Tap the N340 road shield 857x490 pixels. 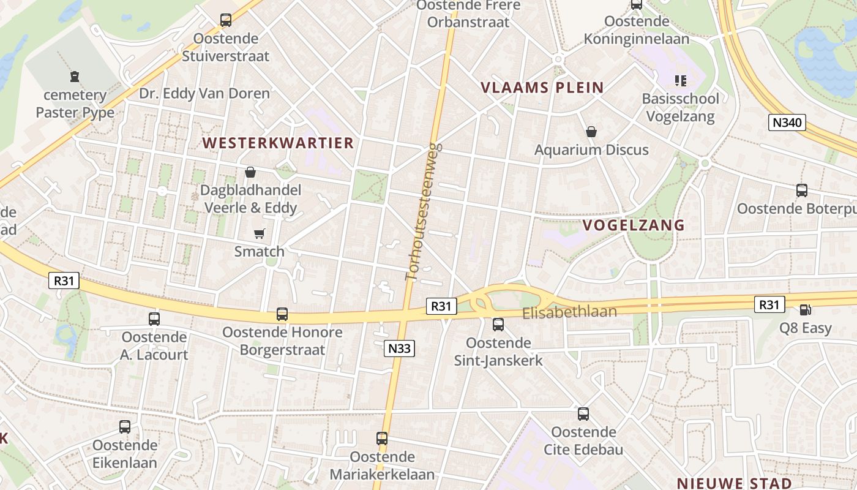tap(787, 123)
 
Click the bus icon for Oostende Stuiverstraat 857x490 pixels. tap(226, 20)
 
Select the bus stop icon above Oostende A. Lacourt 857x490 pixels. tap(154, 319)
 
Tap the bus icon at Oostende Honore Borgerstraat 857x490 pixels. tap(282, 314)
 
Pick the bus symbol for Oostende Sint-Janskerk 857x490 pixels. tap(498, 325)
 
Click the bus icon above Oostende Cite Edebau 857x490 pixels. tap(583, 414)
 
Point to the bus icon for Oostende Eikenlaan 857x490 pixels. tap(125, 427)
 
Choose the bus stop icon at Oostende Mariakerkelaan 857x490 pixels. tap(382, 439)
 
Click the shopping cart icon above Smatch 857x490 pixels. tap(260, 233)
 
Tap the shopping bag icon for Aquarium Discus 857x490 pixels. tap(591, 132)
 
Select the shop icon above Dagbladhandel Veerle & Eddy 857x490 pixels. tap(250, 172)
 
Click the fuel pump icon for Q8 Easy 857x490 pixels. tap(806, 311)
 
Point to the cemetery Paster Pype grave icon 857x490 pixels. tap(75, 77)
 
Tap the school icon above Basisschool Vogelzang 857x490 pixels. tap(680, 80)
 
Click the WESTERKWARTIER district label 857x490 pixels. tap(279, 143)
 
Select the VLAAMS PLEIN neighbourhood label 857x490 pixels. tap(542, 88)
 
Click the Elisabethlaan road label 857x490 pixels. tap(569, 312)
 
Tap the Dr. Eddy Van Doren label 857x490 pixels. tap(204, 94)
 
